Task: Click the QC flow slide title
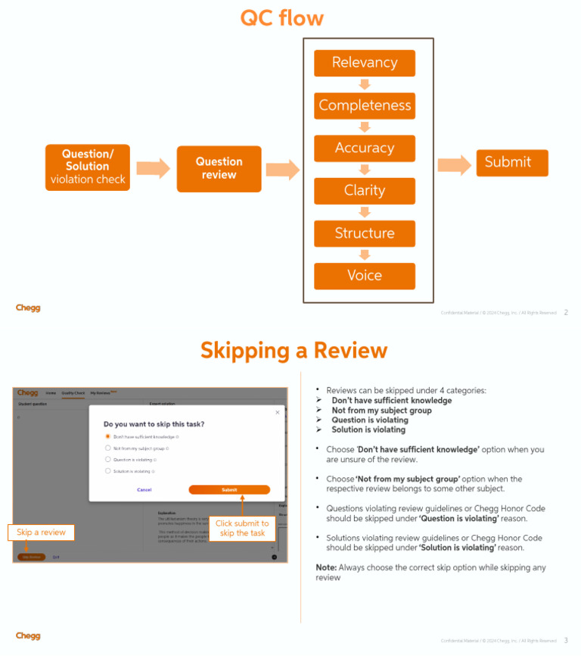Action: (x=281, y=17)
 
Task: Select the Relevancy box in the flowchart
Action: (x=365, y=63)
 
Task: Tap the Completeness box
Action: (x=365, y=105)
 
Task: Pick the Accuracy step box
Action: (x=365, y=148)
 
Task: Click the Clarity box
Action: (x=365, y=191)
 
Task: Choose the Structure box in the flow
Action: (x=365, y=233)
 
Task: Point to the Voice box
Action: (x=365, y=276)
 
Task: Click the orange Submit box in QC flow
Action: (x=511, y=162)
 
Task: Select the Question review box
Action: (x=219, y=168)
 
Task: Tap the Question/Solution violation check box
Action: (x=88, y=167)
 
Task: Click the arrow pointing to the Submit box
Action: (x=454, y=165)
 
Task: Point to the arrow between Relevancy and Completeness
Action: (x=365, y=84)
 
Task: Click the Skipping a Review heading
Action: (x=294, y=350)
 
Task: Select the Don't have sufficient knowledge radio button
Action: (x=108, y=437)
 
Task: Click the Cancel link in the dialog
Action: (x=144, y=490)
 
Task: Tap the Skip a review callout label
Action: (x=42, y=533)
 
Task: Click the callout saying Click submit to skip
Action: (x=242, y=528)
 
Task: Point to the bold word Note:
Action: (x=326, y=567)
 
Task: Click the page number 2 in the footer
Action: (x=566, y=312)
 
